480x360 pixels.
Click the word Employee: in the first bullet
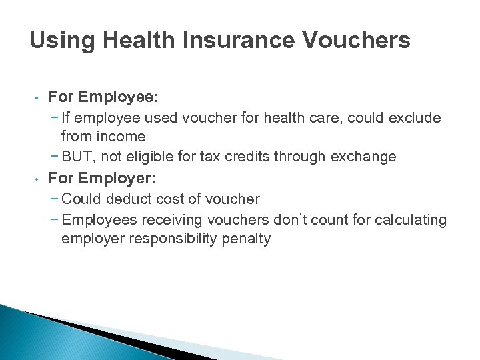coord(119,97)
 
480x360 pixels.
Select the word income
coord(121,137)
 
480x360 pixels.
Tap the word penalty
coord(247,239)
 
